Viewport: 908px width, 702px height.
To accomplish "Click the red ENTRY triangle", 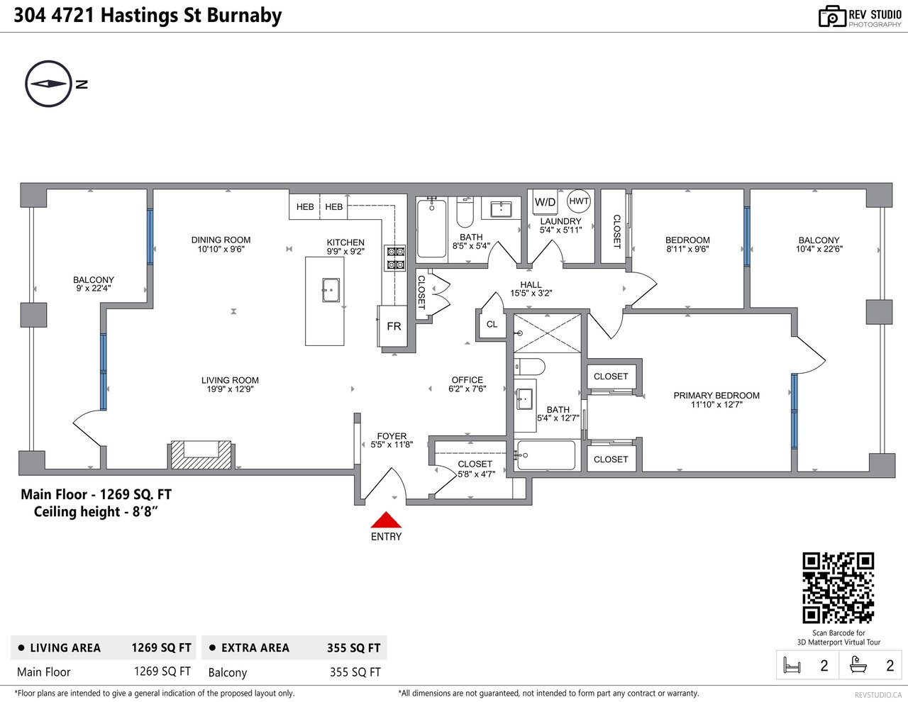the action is [386, 520].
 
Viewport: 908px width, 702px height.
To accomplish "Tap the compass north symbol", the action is [48, 84].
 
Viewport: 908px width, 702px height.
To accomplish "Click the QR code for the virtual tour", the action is [838, 588].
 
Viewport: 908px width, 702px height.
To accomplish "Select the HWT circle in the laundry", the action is [579, 201].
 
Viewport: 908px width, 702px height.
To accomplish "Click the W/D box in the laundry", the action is [545, 202].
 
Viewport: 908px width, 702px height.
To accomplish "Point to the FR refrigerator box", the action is [393, 326].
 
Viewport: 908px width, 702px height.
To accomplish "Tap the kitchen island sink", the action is [331, 290].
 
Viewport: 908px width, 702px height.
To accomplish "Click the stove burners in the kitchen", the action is [395, 257].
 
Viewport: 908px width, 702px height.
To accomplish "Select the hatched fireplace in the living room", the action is [201, 455].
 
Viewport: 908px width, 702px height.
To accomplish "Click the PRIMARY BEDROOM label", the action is [716, 396].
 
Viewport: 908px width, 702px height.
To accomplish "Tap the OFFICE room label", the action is [467, 380].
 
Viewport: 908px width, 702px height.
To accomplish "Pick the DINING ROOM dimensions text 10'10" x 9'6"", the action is [221, 250].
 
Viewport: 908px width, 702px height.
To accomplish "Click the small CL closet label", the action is [492, 325].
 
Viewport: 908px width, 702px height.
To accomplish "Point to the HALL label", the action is [531, 285].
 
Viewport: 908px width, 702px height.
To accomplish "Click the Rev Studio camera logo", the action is [832, 16].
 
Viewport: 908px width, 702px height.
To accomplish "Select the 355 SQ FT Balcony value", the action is [355, 672].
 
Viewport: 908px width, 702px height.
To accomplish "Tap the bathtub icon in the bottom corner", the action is [858, 665].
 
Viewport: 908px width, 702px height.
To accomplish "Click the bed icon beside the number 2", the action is [792, 665].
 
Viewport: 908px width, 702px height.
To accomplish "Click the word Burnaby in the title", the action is [245, 16].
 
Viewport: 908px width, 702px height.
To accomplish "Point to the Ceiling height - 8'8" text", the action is [96, 511].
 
